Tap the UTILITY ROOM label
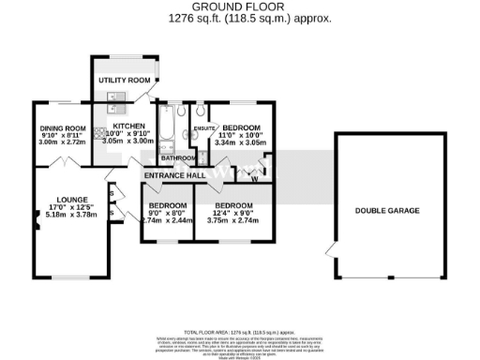pyautogui.click(x=125, y=82)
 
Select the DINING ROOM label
pyautogui.click(x=63, y=128)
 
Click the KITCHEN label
pyautogui.click(x=129, y=127)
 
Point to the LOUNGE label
pyautogui.click(x=72, y=199)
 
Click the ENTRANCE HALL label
pyautogui.click(x=174, y=175)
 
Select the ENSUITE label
pyautogui.click(x=201, y=127)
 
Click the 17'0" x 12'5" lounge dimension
pyautogui.click(x=72, y=207)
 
